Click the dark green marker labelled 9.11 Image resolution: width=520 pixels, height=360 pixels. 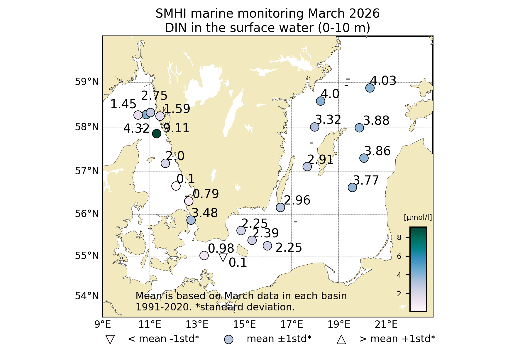coord(157,133)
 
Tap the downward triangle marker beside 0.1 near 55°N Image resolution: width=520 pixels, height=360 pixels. coord(223,257)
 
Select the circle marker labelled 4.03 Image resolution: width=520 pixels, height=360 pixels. coord(370,88)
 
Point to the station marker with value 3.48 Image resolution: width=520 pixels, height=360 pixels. coord(191,220)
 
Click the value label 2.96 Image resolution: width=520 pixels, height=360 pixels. coord(297,200)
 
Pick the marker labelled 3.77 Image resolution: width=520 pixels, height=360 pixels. coord(352,187)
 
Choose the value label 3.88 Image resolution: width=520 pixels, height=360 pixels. coord(376,121)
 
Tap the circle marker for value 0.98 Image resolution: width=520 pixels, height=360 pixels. coord(204,256)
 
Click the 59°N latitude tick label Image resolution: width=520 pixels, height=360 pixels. coord(87,82)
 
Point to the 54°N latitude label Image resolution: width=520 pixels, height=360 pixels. coord(87,296)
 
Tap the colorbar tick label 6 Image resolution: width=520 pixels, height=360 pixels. coord(399,256)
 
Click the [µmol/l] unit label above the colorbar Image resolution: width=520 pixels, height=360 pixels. coord(418,217)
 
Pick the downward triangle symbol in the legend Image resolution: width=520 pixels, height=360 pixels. coord(110,339)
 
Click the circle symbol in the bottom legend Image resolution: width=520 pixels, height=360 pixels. coord(228,339)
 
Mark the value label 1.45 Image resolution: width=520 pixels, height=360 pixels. coord(123,104)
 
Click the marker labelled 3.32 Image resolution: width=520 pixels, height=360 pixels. coord(314,127)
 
